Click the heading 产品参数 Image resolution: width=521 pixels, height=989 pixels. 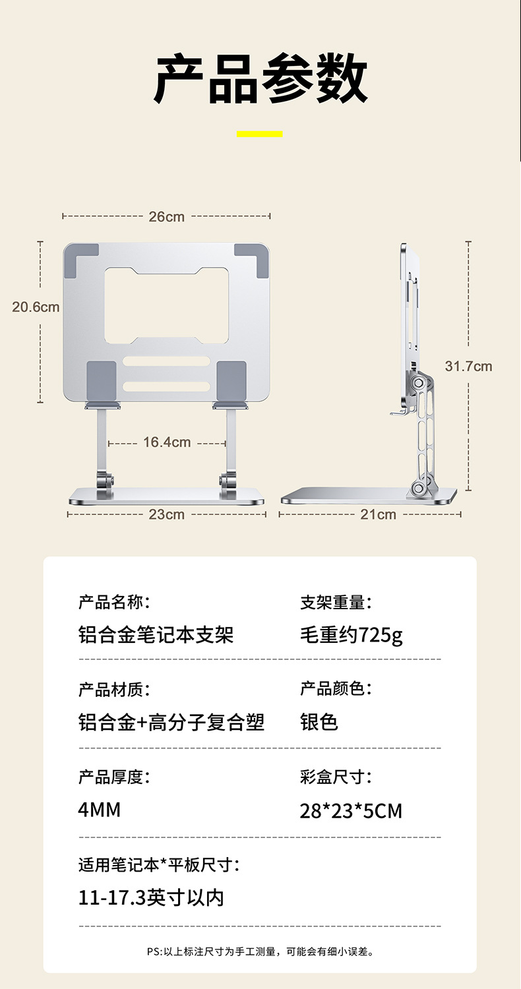260,79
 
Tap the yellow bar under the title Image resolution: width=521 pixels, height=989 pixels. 260,134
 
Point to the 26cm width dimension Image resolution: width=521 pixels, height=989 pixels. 166,216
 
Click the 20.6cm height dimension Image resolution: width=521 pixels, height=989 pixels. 36,307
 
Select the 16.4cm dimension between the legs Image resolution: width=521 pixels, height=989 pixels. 167,442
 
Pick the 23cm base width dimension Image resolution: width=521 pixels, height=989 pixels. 166,514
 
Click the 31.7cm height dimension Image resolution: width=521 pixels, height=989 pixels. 468,366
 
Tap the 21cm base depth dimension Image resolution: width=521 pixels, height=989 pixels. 378,514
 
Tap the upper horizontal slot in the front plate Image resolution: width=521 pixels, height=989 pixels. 166,362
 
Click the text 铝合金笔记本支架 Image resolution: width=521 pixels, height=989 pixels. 156,635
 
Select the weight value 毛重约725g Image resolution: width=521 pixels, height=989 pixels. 351,635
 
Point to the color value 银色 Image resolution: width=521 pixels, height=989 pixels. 319,722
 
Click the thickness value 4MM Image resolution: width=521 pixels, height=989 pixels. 100,810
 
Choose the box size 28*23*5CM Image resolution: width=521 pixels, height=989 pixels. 351,810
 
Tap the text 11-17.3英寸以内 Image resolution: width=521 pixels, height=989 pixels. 151,897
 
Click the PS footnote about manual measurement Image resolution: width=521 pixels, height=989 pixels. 260,951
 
